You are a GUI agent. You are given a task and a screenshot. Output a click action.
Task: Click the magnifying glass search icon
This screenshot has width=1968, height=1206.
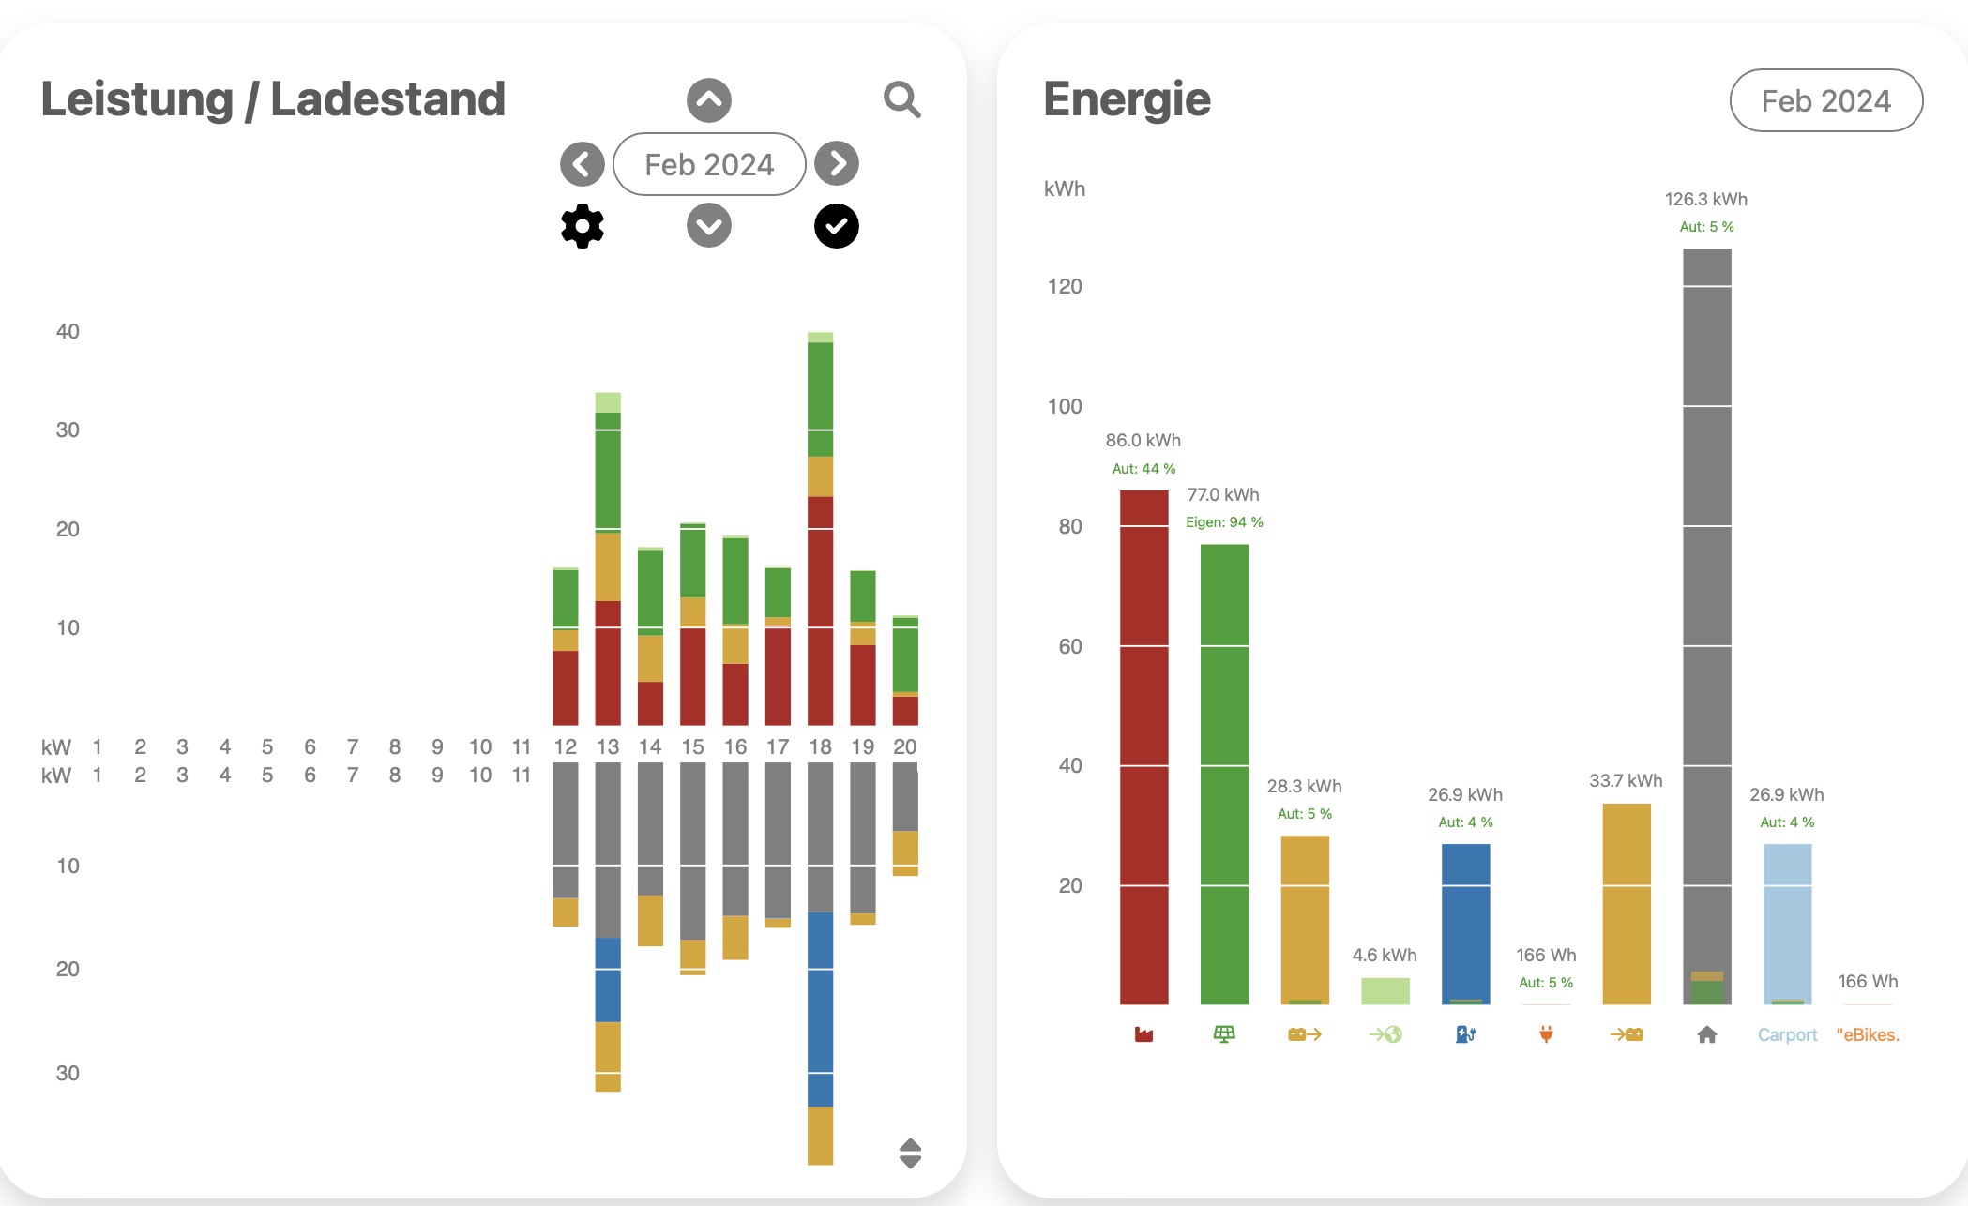[902, 99]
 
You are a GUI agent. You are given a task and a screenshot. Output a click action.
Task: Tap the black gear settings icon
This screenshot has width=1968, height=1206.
[583, 226]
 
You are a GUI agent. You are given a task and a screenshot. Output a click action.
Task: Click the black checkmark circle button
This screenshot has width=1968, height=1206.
[837, 226]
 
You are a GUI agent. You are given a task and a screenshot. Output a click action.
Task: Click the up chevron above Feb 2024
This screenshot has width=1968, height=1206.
[709, 100]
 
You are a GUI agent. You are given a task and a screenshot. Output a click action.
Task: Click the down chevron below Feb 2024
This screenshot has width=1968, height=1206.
[709, 226]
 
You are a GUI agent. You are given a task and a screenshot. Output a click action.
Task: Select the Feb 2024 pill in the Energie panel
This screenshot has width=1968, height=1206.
[1825, 101]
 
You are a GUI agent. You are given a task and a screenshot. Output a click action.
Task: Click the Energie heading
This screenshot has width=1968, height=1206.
[1127, 99]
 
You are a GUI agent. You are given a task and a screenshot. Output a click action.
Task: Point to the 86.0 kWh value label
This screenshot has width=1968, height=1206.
[1143, 440]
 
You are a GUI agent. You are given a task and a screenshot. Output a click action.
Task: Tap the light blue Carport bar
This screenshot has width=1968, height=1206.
[1787, 924]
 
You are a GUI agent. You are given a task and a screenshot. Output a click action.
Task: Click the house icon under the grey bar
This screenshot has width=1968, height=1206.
[1707, 1034]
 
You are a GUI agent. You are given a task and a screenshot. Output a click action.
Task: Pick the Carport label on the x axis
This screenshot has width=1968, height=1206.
[1787, 1034]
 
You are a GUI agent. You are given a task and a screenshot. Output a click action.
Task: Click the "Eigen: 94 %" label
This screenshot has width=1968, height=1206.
[1224, 522]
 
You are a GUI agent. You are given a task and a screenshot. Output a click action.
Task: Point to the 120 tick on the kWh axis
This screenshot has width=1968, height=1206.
[1065, 286]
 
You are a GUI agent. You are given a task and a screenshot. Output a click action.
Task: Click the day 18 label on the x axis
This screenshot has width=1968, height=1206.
[820, 747]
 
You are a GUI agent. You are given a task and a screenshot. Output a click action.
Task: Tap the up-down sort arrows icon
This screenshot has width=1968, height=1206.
[910, 1153]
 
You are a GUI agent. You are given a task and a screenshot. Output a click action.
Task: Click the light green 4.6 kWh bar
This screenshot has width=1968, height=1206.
[1385, 991]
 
